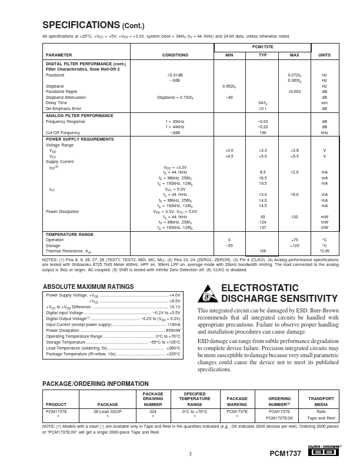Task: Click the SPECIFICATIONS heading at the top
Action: pyautogui.click(x=93, y=25)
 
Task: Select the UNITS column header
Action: pyautogui.click(x=324, y=55)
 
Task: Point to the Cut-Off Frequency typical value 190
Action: pyautogui.click(x=263, y=132)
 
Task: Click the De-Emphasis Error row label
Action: pyautogui.click(x=64, y=108)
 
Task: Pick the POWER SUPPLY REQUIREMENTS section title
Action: pyautogui.click(x=81, y=139)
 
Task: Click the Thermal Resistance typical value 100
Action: pyautogui.click(x=263, y=251)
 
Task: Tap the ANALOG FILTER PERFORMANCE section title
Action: pyautogui.click(x=80, y=116)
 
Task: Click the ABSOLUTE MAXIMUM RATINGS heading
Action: pyautogui.click(x=88, y=287)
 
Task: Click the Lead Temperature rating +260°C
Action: pyautogui.click(x=174, y=348)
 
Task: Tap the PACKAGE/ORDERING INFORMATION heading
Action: pyautogui.click(x=91, y=384)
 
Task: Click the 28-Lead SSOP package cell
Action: pyautogui.click(x=108, y=412)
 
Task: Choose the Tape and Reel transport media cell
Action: pyautogui.click(x=321, y=418)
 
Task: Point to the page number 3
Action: pyautogui.click(x=190, y=454)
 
